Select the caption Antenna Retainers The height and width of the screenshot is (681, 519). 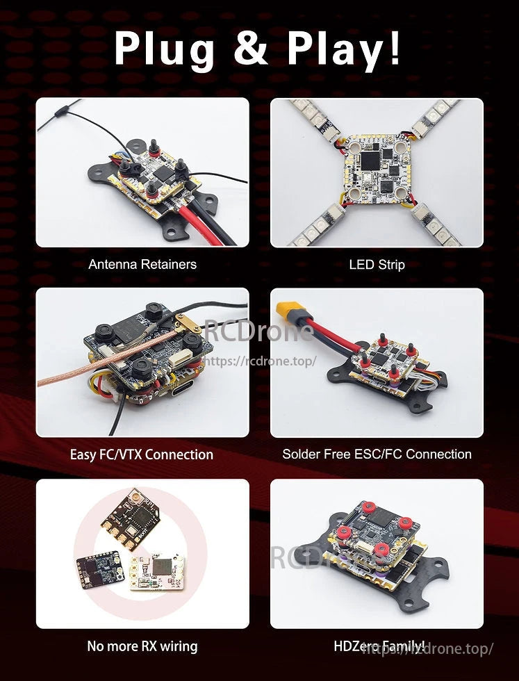click(142, 264)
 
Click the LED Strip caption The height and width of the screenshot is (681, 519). click(377, 264)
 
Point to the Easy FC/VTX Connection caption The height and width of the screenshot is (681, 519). click(142, 454)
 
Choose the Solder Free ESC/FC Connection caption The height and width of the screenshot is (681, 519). click(377, 454)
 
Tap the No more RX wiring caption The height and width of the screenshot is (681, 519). click(142, 646)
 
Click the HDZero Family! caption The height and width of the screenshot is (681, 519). click(379, 646)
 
